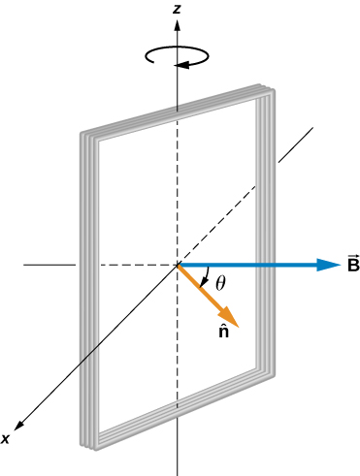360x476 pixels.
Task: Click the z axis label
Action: [176, 9]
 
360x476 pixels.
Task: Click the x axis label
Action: [6, 439]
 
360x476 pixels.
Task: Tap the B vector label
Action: [351, 265]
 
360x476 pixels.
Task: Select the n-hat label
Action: [223, 331]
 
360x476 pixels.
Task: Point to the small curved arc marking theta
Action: [205, 280]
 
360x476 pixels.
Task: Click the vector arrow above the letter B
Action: [351, 256]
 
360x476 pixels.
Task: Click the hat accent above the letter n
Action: [223, 323]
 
